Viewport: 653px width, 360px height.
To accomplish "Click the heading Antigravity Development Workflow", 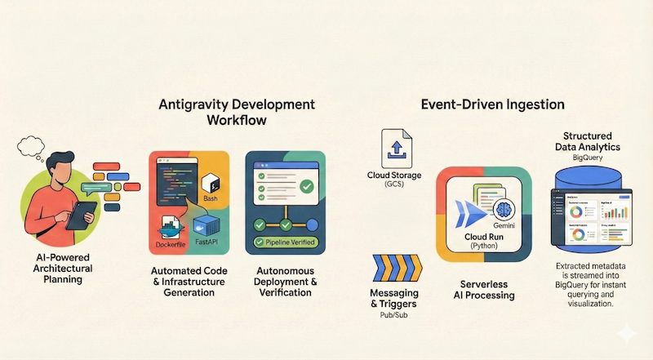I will coord(236,113).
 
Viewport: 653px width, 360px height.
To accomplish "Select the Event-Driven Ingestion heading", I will coord(492,104).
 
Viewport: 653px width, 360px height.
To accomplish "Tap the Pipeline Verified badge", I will coord(286,242).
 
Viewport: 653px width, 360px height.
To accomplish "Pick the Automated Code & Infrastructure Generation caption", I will coord(189,282).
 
